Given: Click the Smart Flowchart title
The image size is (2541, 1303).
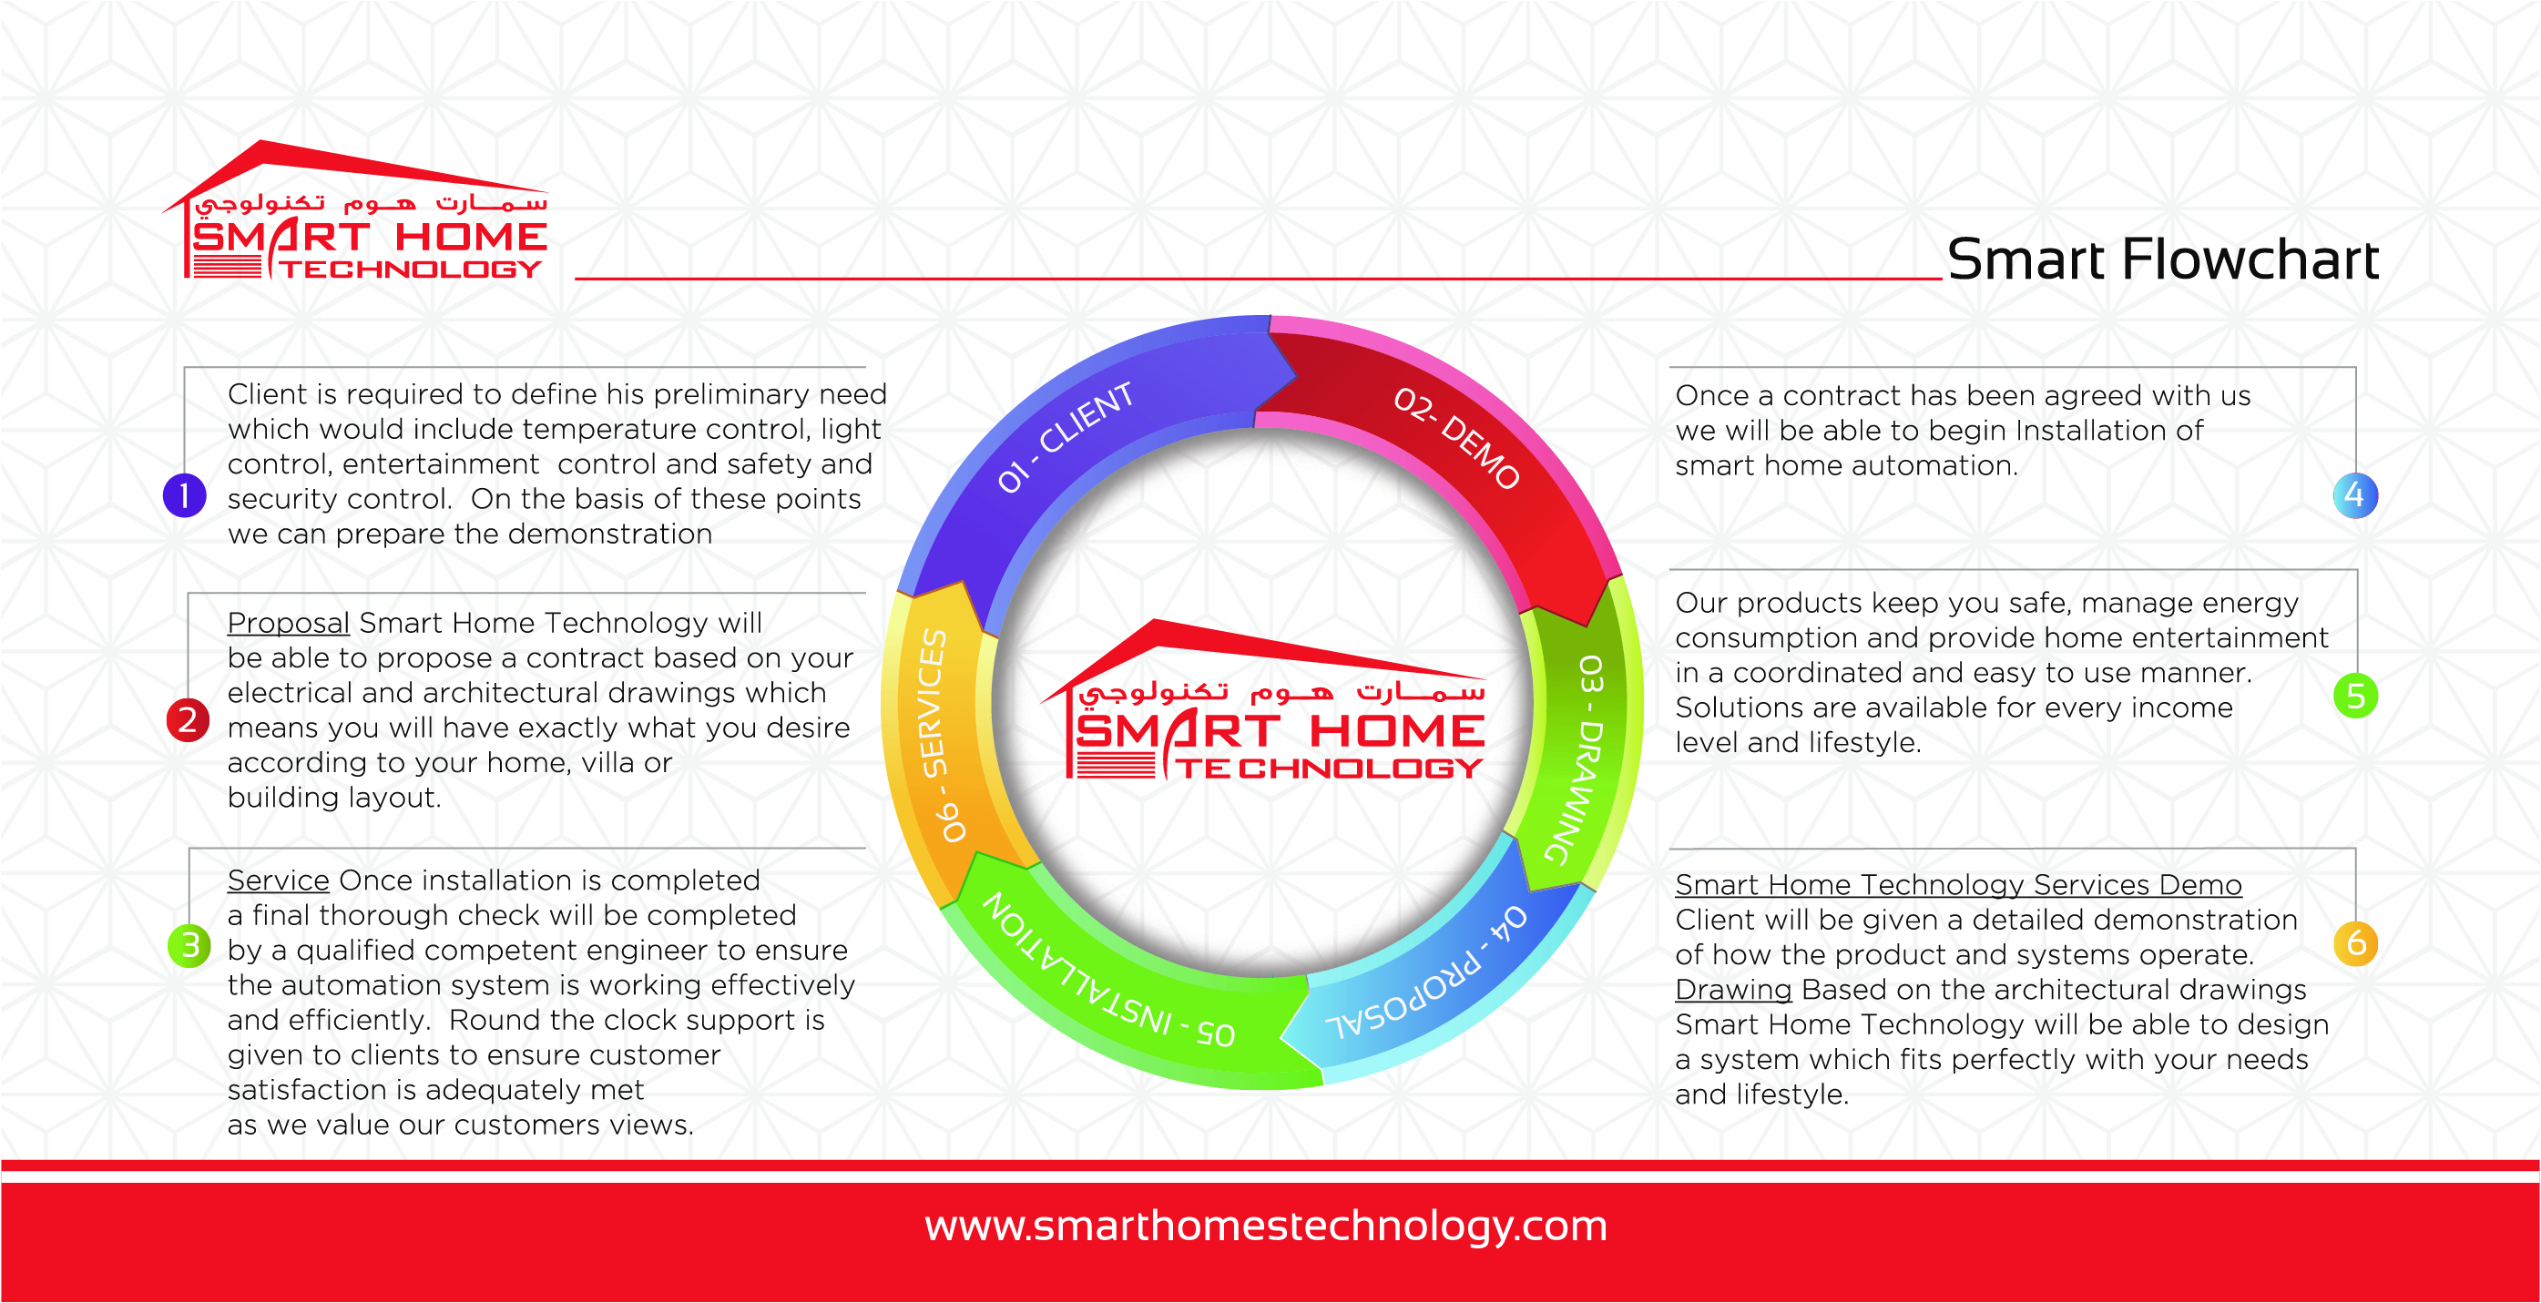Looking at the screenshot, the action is [x=2162, y=260].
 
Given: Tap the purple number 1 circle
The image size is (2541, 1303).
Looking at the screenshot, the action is [x=185, y=495].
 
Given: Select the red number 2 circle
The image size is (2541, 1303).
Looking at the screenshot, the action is [x=188, y=719].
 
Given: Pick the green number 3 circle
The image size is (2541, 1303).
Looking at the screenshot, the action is [x=189, y=945].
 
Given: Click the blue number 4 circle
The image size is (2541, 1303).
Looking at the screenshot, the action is [x=2354, y=495].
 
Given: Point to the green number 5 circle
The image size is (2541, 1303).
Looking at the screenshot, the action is [x=2355, y=697].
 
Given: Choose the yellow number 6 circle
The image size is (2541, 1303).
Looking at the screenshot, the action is [x=2355, y=944].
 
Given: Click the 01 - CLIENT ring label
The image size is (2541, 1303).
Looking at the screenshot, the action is [x=1065, y=436].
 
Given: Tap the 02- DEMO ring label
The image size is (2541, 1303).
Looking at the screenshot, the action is [x=1456, y=437].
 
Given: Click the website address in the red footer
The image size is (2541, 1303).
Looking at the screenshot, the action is [x=1266, y=1227].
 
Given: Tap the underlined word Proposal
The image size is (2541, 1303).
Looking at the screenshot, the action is [x=288, y=624].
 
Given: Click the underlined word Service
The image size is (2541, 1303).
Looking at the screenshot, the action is [x=278, y=880].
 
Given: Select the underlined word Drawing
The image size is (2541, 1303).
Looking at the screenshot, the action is [x=1733, y=991].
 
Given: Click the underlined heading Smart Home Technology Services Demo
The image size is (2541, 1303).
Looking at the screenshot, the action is [x=1958, y=885].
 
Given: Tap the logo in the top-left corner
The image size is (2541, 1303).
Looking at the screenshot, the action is [x=354, y=210].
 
